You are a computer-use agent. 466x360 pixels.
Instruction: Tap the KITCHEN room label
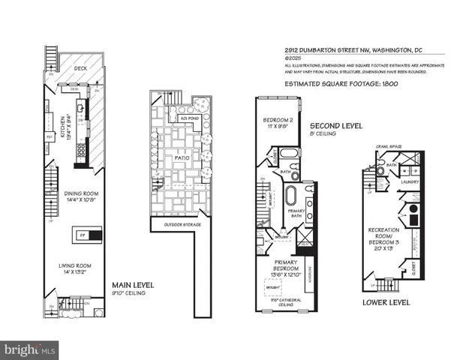(63, 128)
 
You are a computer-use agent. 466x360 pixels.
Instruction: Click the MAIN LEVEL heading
(133, 285)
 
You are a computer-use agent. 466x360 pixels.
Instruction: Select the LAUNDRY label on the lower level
(410, 181)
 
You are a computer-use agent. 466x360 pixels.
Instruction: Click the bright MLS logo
(30, 349)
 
